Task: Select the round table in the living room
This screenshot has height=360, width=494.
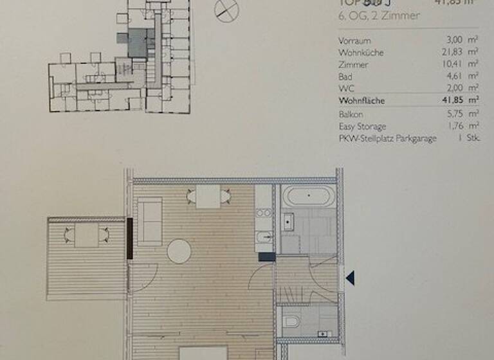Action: (179, 251)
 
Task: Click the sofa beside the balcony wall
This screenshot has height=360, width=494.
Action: (150, 221)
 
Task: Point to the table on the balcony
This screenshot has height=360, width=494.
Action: (86, 236)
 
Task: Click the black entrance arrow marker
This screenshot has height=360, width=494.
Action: (351, 278)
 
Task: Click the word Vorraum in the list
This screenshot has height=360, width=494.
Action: (354, 40)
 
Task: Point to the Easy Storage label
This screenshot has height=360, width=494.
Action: (362, 126)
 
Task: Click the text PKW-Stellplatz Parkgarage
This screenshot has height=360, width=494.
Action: (387, 138)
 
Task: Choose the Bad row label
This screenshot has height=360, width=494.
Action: (345, 76)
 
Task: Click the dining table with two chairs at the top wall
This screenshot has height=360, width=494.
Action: (208, 197)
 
